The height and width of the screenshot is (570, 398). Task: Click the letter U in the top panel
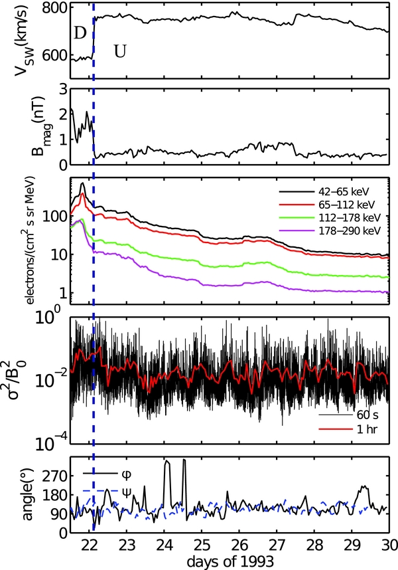(119, 51)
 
